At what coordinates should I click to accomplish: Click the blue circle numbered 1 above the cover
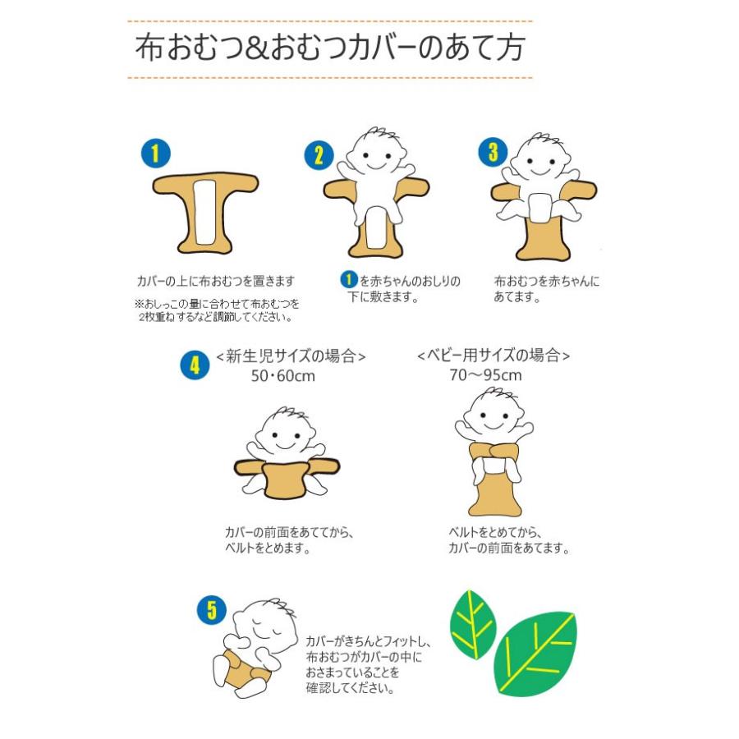pyautogui.click(x=155, y=153)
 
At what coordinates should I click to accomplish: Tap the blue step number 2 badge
pyautogui.click(x=319, y=155)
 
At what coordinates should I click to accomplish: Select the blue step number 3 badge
pyautogui.click(x=493, y=152)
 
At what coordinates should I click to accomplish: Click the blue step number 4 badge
pyautogui.click(x=195, y=365)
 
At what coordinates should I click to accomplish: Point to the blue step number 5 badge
pyautogui.click(x=211, y=610)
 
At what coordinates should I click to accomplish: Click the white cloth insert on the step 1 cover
pyautogui.click(x=205, y=212)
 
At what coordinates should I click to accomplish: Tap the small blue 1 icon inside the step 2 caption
pyautogui.click(x=349, y=279)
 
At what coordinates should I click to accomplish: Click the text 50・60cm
pyautogui.click(x=282, y=376)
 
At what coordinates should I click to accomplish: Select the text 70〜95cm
pyautogui.click(x=485, y=375)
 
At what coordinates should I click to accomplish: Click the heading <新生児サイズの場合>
pyautogui.click(x=291, y=356)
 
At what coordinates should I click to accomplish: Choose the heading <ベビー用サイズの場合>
pyautogui.click(x=493, y=355)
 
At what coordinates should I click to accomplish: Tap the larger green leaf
pyautogui.click(x=535, y=654)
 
